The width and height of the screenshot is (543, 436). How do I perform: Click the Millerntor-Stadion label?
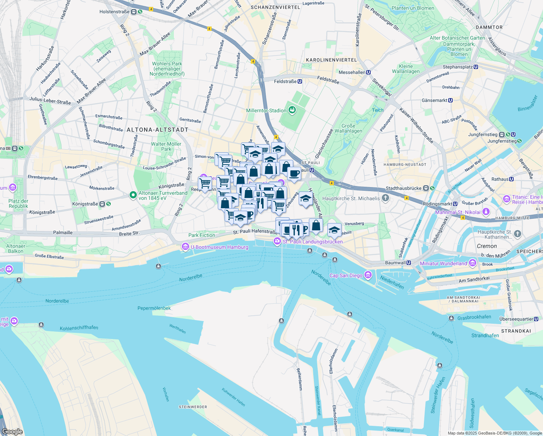point(266,110)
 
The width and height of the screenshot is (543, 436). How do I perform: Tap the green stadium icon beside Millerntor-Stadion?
point(292,110)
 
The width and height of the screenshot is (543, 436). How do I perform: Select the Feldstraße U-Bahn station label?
point(285,81)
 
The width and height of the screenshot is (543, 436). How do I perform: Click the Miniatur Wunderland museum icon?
point(472,263)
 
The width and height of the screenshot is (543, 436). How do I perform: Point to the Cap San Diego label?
point(346,275)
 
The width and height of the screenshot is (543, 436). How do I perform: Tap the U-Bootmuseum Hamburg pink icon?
point(185,247)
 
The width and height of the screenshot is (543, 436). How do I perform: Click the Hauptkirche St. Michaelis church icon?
point(385,198)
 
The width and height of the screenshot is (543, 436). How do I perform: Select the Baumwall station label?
point(395,263)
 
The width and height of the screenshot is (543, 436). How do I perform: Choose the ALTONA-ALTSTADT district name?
point(158,130)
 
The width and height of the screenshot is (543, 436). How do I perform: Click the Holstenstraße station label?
point(114,12)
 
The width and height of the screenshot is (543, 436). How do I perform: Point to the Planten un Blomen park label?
point(413,8)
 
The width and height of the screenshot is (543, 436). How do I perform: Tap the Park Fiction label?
point(201,235)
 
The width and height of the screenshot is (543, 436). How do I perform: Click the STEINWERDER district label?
point(193,407)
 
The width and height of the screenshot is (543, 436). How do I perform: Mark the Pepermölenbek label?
point(154,308)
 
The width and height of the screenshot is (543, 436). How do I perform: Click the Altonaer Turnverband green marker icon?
point(133,195)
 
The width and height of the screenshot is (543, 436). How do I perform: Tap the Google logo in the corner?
point(12,432)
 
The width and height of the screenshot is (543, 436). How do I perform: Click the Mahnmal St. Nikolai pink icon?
point(486,212)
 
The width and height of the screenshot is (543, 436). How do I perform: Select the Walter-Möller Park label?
point(166,146)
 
